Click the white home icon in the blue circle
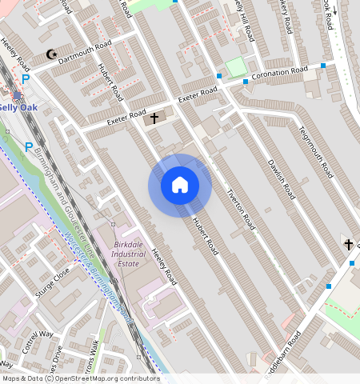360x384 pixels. point(180,185)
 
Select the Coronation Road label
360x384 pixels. point(280,74)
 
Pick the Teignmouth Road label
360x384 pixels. point(314,152)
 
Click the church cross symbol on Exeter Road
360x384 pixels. point(154,118)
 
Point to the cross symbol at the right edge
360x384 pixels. point(348,243)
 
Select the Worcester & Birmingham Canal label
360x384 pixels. point(96,272)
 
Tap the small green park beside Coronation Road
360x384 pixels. point(234,67)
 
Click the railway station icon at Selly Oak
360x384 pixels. point(17,95)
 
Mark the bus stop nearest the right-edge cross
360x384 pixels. point(329,286)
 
